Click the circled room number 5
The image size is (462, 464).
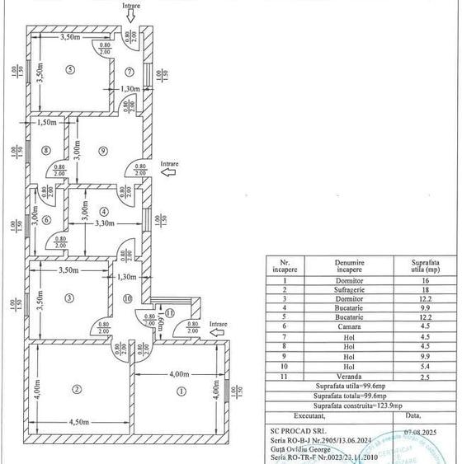tap(71, 69)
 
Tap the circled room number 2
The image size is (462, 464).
tap(76, 388)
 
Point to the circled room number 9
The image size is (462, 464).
tap(102, 150)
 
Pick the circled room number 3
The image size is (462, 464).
tap(70, 298)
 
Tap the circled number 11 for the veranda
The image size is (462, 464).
tap(169, 312)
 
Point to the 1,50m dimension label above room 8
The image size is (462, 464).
tap(45, 123)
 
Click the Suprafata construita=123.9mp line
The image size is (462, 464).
tap(358, 405)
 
